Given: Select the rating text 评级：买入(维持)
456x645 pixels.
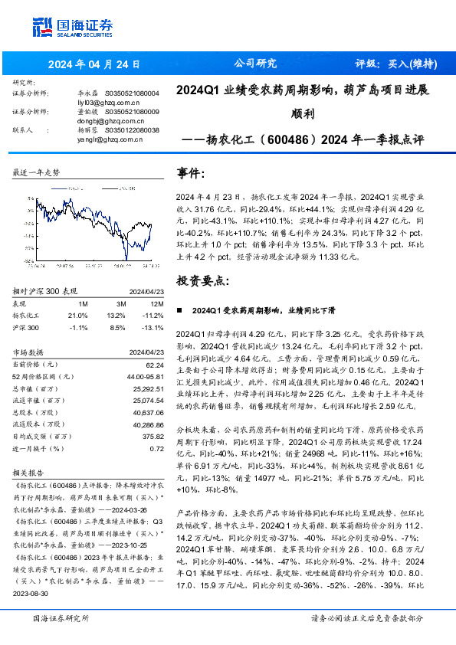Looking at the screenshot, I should [392, 64].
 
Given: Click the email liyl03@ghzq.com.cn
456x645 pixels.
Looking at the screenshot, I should [106, 101].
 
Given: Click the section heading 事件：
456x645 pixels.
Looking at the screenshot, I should [191, 175].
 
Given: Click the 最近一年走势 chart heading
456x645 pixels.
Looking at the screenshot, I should [37, 173].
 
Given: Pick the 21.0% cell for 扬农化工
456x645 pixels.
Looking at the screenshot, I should [77, 316].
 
